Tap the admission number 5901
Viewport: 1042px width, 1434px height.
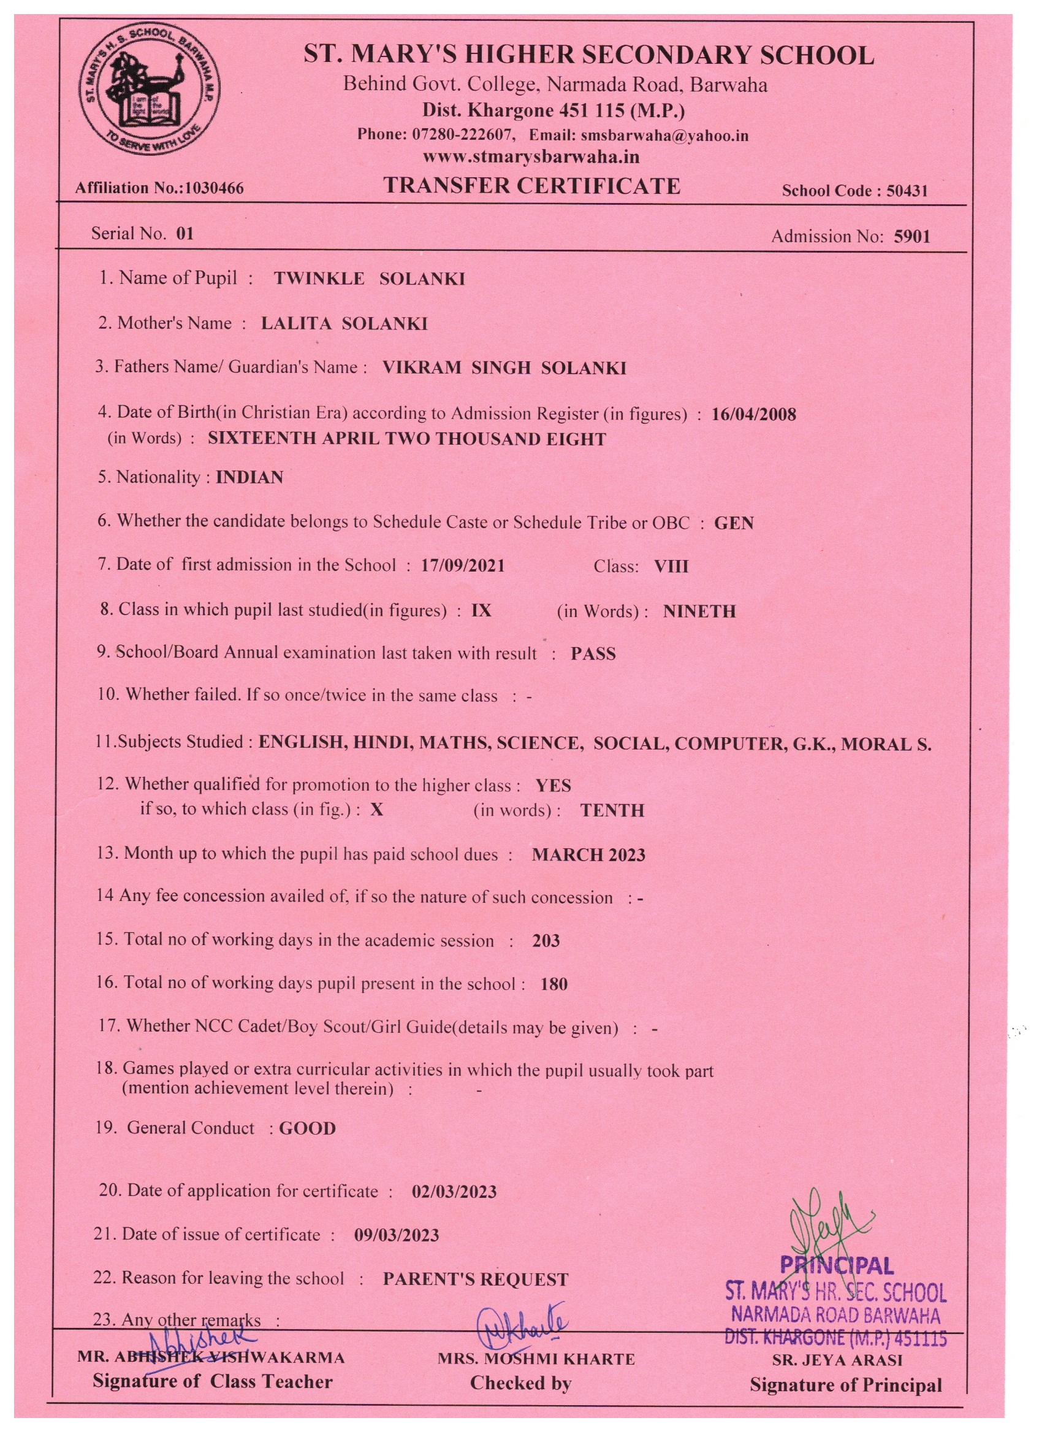(912, 237)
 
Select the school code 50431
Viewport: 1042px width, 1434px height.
(907, 191)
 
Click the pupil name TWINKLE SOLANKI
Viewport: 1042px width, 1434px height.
(369, 279)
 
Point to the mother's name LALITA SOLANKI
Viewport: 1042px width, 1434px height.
(344, 324)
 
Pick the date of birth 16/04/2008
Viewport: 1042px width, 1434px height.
(753, 414)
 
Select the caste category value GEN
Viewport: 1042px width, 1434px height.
(734, 523)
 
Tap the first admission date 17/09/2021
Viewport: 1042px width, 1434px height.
(463, 566)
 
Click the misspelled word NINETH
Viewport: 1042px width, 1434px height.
(699, 612)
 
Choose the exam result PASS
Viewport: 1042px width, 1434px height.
(593, 654)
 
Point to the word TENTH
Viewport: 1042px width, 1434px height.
(612, 811)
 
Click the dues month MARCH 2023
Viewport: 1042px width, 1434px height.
(588, 855)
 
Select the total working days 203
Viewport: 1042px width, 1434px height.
(546, 941)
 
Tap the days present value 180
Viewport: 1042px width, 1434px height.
(554, 984)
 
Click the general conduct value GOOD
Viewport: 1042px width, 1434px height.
(308, 1129)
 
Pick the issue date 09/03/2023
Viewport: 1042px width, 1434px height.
(396, 1235)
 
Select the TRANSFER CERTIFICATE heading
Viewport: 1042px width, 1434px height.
(532, 186)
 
